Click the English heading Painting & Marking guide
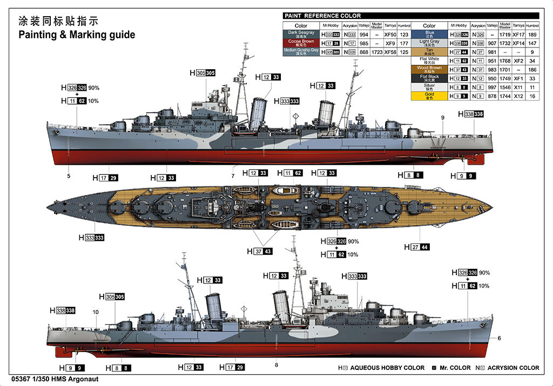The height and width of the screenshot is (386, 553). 77,35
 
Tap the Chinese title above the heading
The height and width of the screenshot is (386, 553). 58,21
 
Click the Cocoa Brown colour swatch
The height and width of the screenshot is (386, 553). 301,42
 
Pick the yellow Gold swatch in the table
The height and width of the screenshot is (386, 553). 429,96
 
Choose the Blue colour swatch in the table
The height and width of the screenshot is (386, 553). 429,33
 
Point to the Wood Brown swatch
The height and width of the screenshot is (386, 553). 429,69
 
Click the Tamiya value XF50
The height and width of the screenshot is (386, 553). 390,34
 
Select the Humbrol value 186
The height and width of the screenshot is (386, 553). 532,70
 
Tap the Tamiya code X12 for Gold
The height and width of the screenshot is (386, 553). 518,96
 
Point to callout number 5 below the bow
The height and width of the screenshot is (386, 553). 69,176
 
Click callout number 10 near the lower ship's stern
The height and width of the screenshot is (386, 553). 96,312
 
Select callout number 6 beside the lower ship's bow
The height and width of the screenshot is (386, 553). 499,338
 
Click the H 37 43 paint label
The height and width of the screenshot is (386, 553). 260,251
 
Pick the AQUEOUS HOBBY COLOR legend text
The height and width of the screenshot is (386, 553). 387,368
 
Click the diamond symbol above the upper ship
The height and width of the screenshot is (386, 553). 295,116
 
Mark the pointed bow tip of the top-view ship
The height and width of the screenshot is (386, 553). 48,207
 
